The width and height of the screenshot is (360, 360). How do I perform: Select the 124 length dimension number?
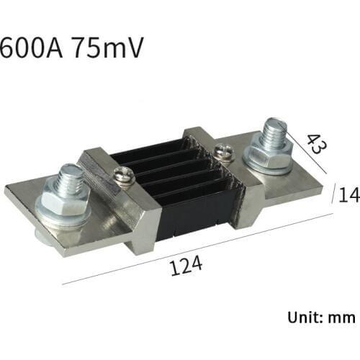tap(186, 268)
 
